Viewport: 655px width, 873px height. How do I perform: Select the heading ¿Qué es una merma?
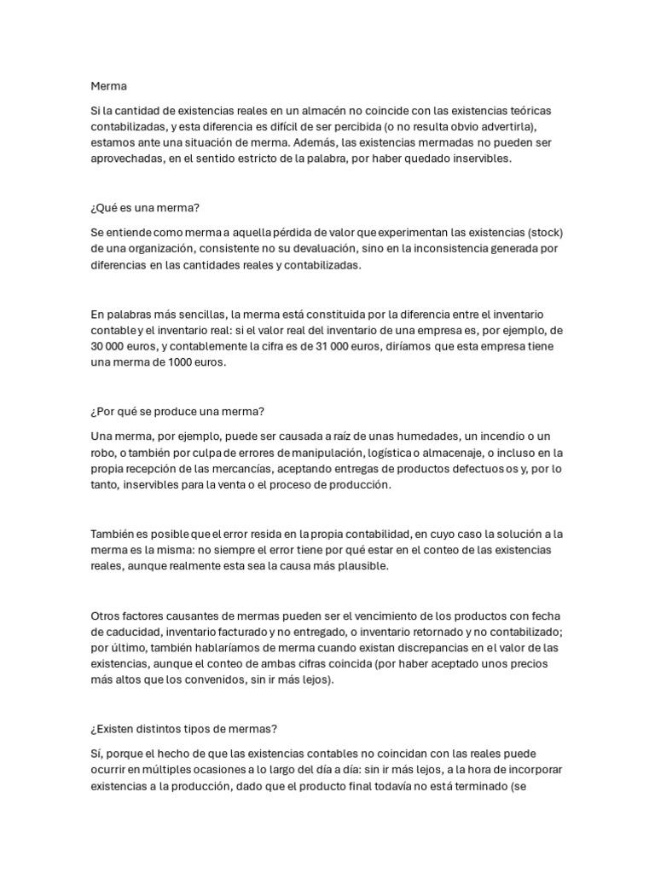click(144, 208)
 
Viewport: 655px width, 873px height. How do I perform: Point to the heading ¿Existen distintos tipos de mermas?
click(184, 729)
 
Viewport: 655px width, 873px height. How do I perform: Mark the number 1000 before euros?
click(189, 362)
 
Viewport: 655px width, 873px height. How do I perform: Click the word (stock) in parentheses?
click(546, 233)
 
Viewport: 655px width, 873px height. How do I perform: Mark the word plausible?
click(360, 566)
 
